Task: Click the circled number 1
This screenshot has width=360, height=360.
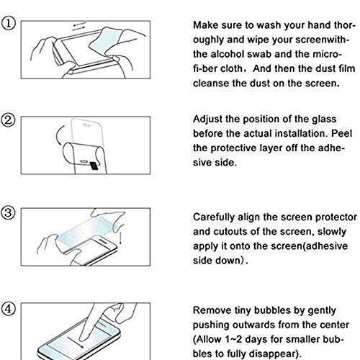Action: point(8,24)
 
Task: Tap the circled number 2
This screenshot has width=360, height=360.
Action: point(8,120)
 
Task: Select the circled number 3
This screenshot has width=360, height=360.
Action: point(8,213)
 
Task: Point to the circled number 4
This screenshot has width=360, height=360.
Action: point(8,309)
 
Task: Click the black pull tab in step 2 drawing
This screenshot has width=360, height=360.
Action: point(94,166)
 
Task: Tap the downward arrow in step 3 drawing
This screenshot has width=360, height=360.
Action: point(120,237)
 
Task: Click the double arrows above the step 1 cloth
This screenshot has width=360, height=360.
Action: point(79,27)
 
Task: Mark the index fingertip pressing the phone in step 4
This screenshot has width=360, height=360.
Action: point(83,338)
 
